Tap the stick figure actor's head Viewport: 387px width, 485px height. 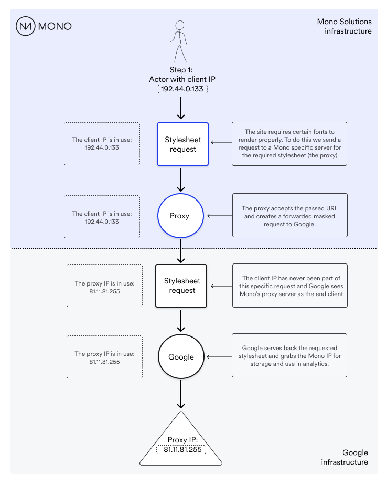point(180,25)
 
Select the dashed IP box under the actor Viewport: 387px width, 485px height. point(182,89)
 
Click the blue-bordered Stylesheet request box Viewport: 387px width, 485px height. point(182,144)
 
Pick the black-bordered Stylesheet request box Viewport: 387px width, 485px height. point(181,286)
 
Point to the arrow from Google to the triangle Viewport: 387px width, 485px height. point(181,394)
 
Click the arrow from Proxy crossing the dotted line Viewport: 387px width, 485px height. point(181,251)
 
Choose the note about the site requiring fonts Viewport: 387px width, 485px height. point(289,144)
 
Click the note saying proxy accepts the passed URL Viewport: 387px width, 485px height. point(290,215)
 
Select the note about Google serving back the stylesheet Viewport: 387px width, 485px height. point(289,355)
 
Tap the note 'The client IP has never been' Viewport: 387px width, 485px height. point(290,286)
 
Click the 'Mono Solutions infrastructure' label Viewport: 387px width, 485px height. point(345,26)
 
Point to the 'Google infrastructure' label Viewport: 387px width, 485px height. point(345,457)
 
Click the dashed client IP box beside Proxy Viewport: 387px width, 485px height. point(102,217)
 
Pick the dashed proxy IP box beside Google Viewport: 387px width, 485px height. point(104,357)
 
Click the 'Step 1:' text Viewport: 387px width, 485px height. point(181,70)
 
